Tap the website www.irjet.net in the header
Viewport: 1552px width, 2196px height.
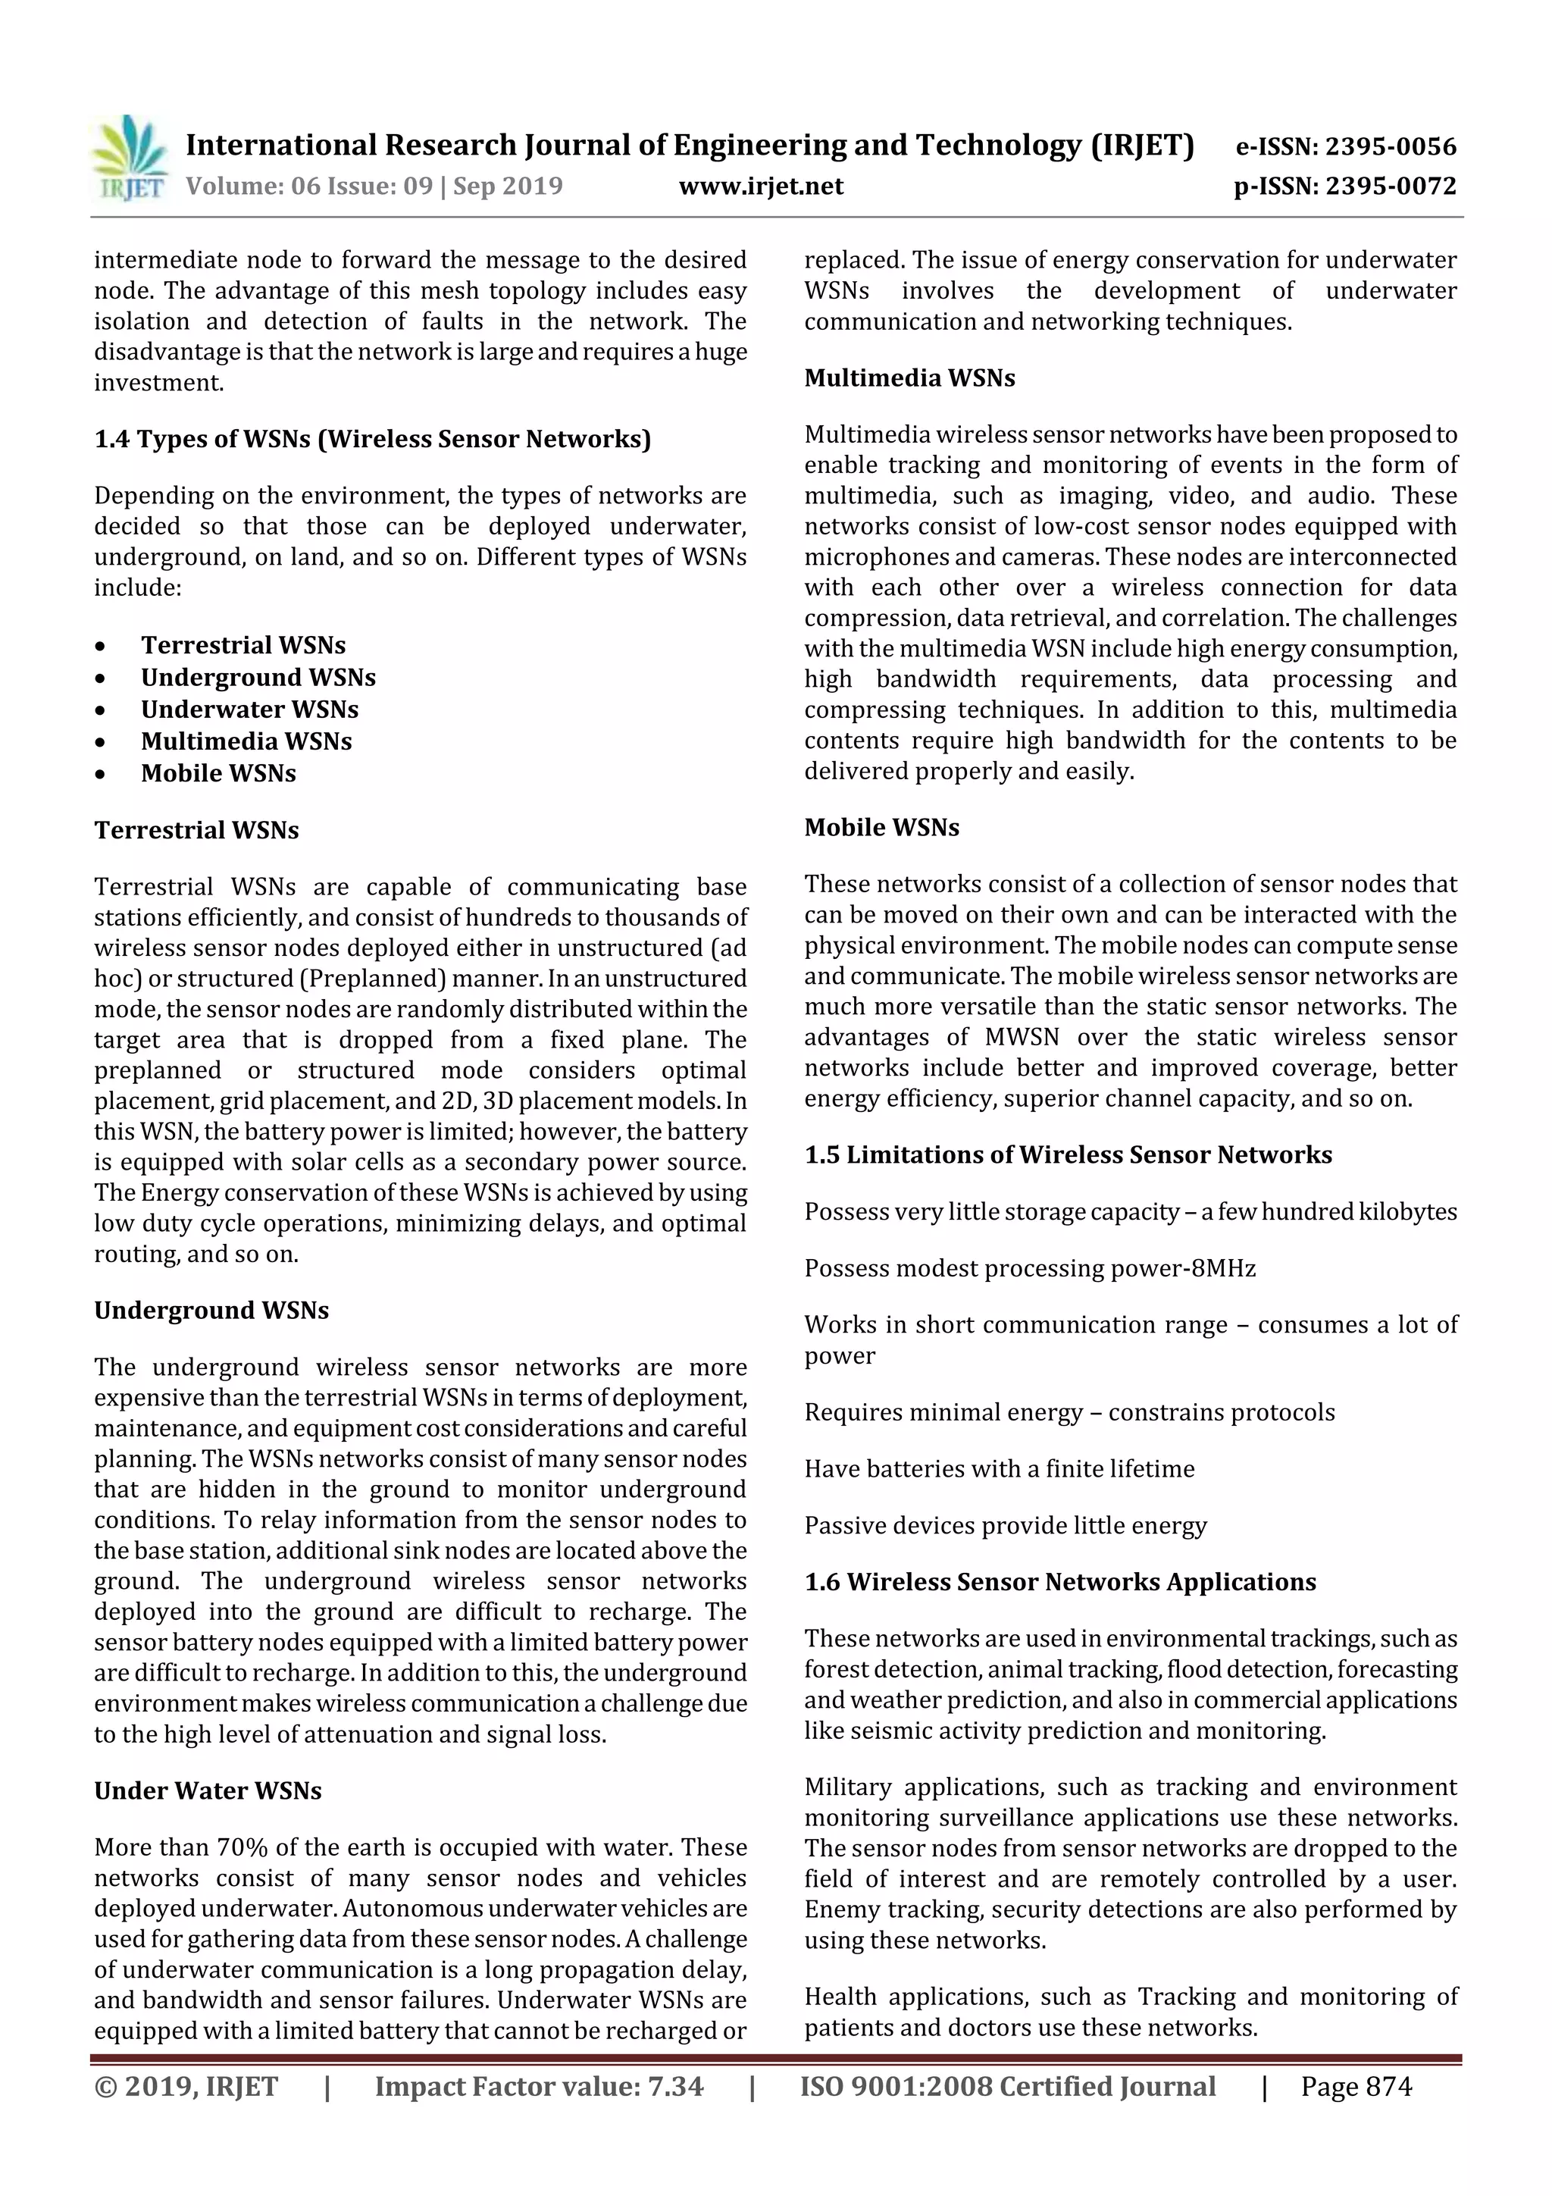coord(760,186)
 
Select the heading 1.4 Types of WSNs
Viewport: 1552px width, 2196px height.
coord(372,439)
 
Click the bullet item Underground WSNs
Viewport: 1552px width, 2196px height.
coord(258,677)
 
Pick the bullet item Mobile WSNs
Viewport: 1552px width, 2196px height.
coord(218,773)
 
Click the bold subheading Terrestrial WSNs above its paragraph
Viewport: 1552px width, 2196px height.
coord(196,829)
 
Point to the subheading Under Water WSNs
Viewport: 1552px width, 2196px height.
coord(208,1790)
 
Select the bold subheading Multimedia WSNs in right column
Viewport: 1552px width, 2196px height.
coord(909,377)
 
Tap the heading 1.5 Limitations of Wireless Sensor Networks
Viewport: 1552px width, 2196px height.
coord(1067,1154)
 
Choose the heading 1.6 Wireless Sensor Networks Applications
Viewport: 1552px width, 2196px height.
coord(1059,1582)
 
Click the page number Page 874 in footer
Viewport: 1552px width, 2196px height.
coord(1355,2086)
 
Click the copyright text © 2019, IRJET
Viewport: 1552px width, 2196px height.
coord(186,2086)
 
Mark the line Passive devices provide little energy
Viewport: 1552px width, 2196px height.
coord(1004,1526)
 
